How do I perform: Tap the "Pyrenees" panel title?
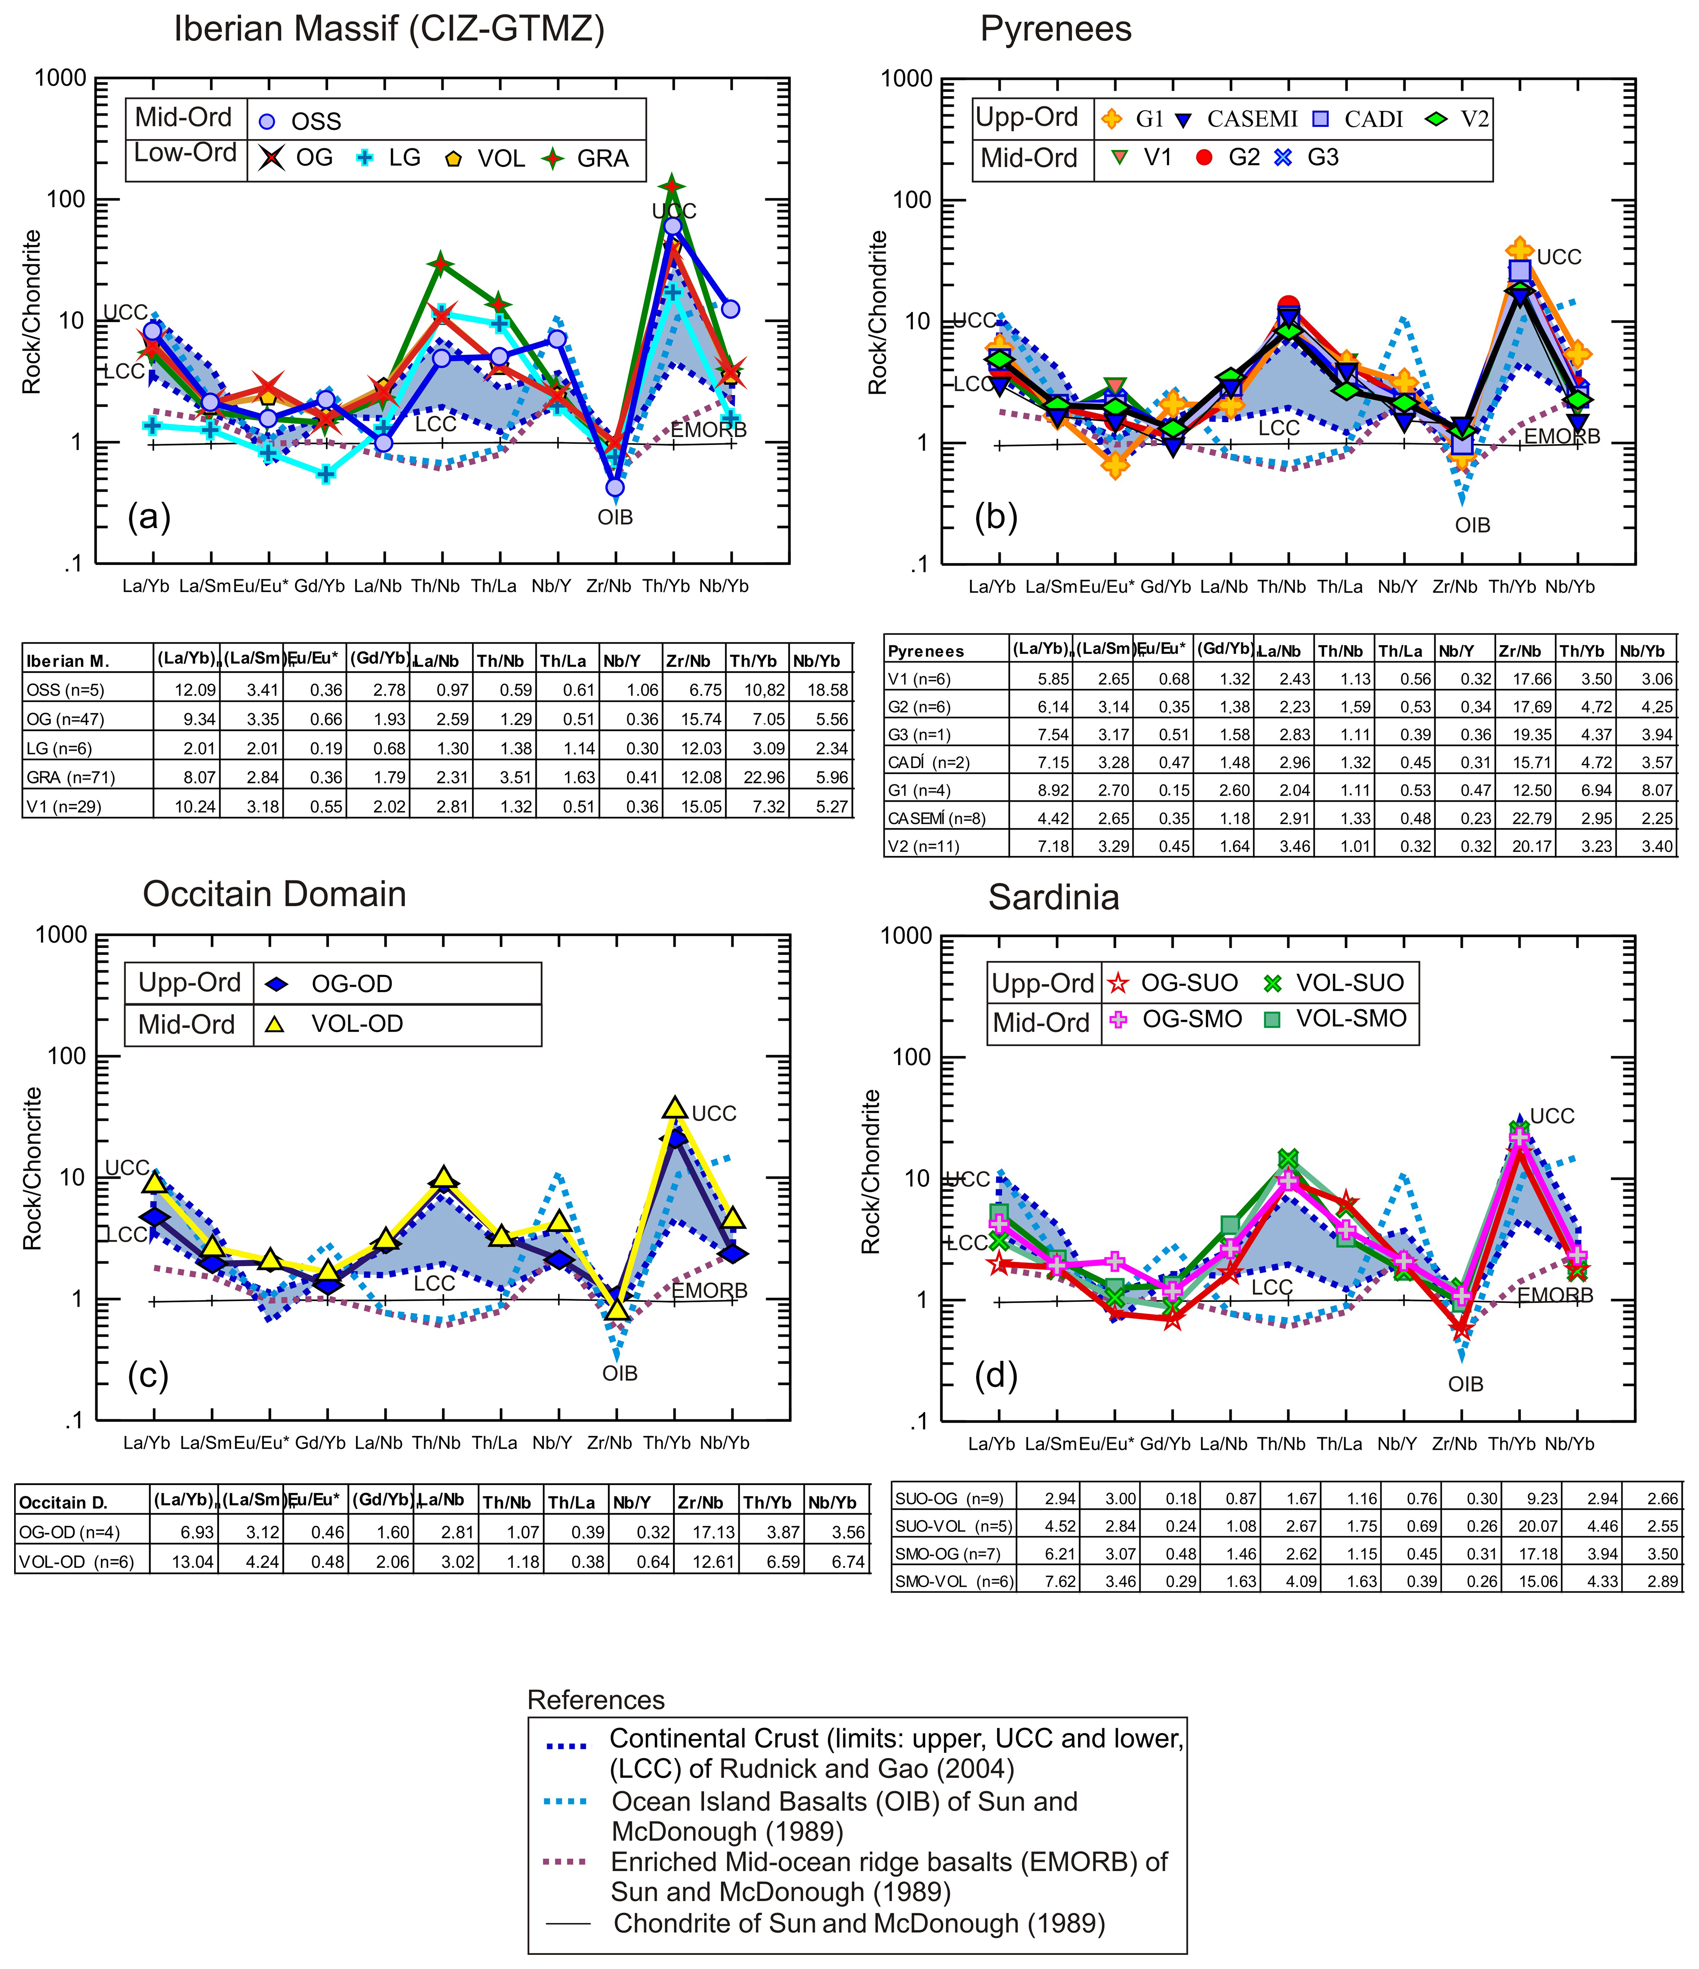(1056, 29)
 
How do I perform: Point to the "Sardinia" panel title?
(1054, 897)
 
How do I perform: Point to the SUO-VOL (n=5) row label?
(943, 1526)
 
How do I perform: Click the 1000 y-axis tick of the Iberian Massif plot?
(61, 78)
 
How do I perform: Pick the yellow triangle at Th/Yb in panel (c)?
(675, 1107)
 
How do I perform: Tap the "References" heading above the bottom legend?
(596, 1700)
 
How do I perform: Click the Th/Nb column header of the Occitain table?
(507, 1502)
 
